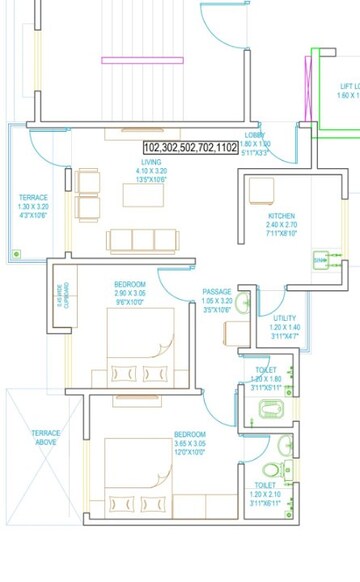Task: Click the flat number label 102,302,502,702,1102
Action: (189, 147)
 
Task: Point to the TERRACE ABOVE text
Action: (45, 437)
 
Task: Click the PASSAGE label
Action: (217, 301)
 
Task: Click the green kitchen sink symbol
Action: (321, 260)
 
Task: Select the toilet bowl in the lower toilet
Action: (270, 470)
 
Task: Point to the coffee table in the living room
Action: (143, 195)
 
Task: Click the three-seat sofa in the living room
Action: (142, 240)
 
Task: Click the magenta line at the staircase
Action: (128, 60)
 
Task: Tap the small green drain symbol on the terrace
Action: (17, 255)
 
